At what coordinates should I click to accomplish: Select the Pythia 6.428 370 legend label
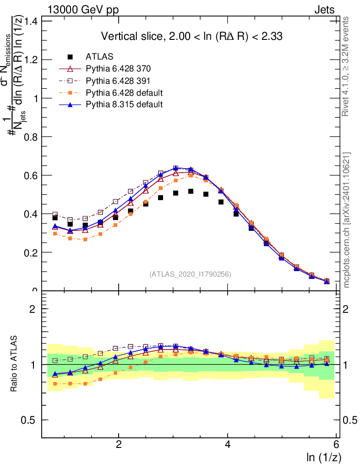[118, 69]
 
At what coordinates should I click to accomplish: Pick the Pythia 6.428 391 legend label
[118, 81]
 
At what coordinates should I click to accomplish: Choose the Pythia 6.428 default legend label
[124, 93]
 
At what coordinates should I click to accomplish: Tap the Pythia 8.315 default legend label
[124, 104]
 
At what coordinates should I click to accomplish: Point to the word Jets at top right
[324, 10]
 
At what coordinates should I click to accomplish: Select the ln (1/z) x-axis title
[324, 457]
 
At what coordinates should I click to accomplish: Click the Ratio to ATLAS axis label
[15, 364]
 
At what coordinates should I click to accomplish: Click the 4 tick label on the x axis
[228, 444]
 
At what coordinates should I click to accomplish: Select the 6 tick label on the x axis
[337, 444]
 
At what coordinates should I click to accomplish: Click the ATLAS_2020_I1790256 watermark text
[190, 274]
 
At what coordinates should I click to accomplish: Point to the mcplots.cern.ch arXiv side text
[347, 220]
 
